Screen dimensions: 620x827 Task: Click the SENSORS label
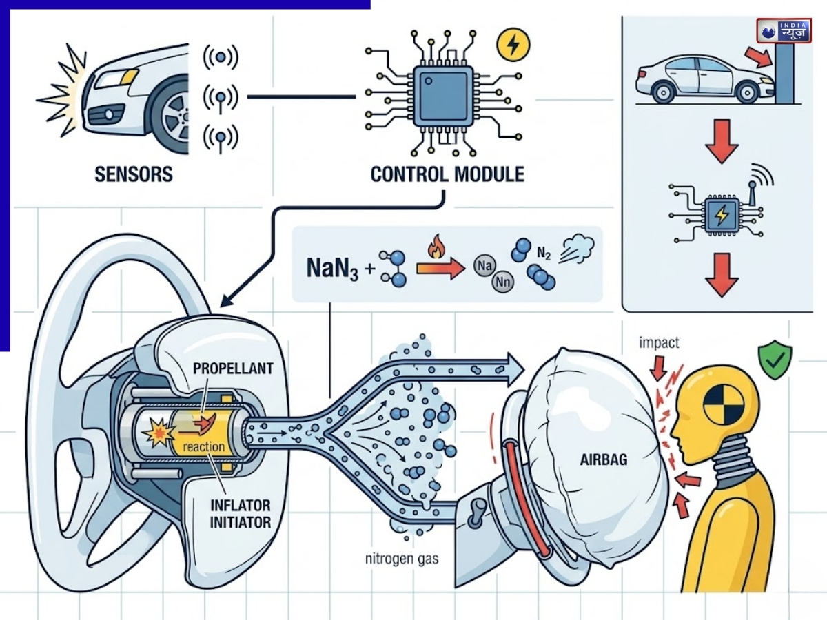(134, 174)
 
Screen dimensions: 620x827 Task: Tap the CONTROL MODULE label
(447, 174)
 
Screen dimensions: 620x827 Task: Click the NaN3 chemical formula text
(330, 267)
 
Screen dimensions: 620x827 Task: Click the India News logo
(784, 32)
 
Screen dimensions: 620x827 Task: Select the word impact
(660, 342)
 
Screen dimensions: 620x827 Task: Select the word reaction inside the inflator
(205, 446)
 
